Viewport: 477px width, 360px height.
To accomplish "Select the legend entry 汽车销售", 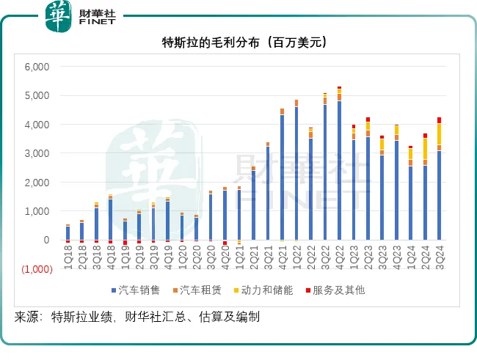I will [x=142, y=290].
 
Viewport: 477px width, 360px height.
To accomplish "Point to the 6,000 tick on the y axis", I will [x=36, y=67].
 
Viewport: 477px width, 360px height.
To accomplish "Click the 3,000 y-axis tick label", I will [x=36, y=153].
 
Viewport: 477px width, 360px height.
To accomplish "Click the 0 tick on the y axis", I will [x=45, y=240].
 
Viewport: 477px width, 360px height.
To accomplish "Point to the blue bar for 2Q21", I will [x=253, y=205].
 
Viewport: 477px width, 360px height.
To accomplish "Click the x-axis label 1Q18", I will [x=68, y=257].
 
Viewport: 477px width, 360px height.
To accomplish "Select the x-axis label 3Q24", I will [x=439, y=257].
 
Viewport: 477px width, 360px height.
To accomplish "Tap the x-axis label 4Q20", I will [x=225, y=257].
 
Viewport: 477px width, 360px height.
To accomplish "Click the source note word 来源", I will [x=26, y=317].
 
